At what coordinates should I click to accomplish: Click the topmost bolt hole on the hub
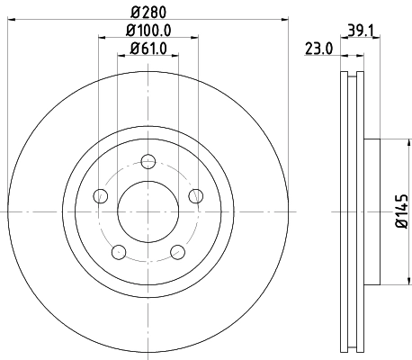pos(148,162)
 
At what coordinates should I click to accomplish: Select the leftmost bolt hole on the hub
pos(101,196)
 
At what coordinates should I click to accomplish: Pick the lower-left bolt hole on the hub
pos(119,251)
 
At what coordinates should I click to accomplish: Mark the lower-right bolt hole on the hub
pos(177,251)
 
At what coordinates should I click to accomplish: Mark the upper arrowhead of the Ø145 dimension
pos(388,141)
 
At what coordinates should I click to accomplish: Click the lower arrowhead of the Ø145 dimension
pos(388,279)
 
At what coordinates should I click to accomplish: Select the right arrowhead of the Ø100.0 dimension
pos(195,38)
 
